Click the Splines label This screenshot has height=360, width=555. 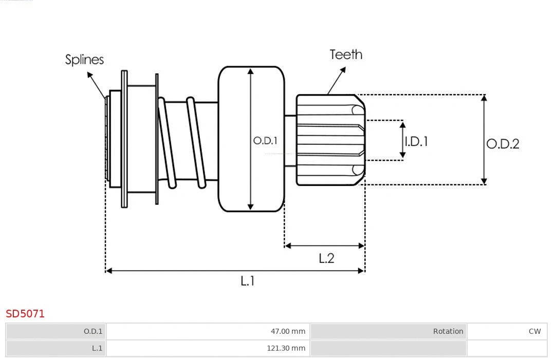[84, 60]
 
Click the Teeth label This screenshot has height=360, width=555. [346, 54]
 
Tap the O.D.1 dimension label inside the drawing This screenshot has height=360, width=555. [265, 140]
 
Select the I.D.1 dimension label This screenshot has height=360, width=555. [416, 141]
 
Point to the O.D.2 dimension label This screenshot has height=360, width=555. [503, 144]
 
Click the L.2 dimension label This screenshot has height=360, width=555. [326, 258]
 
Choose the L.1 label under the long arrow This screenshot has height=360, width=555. [248, 281]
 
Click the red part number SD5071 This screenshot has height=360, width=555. [25, 314]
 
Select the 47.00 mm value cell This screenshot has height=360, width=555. [287, 331]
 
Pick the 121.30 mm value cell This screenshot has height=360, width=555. [285, 348]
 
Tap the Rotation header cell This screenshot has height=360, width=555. [448, 331]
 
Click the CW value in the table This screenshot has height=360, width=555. [534, 331]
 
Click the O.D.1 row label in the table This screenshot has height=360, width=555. [93, 331]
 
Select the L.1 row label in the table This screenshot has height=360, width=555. [97, 348]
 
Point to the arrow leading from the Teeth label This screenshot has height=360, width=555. [337, 81]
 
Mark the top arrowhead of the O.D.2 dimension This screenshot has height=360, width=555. [484, 98]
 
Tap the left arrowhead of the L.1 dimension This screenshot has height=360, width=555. [108, 270]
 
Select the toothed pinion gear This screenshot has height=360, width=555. [330, 140]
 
